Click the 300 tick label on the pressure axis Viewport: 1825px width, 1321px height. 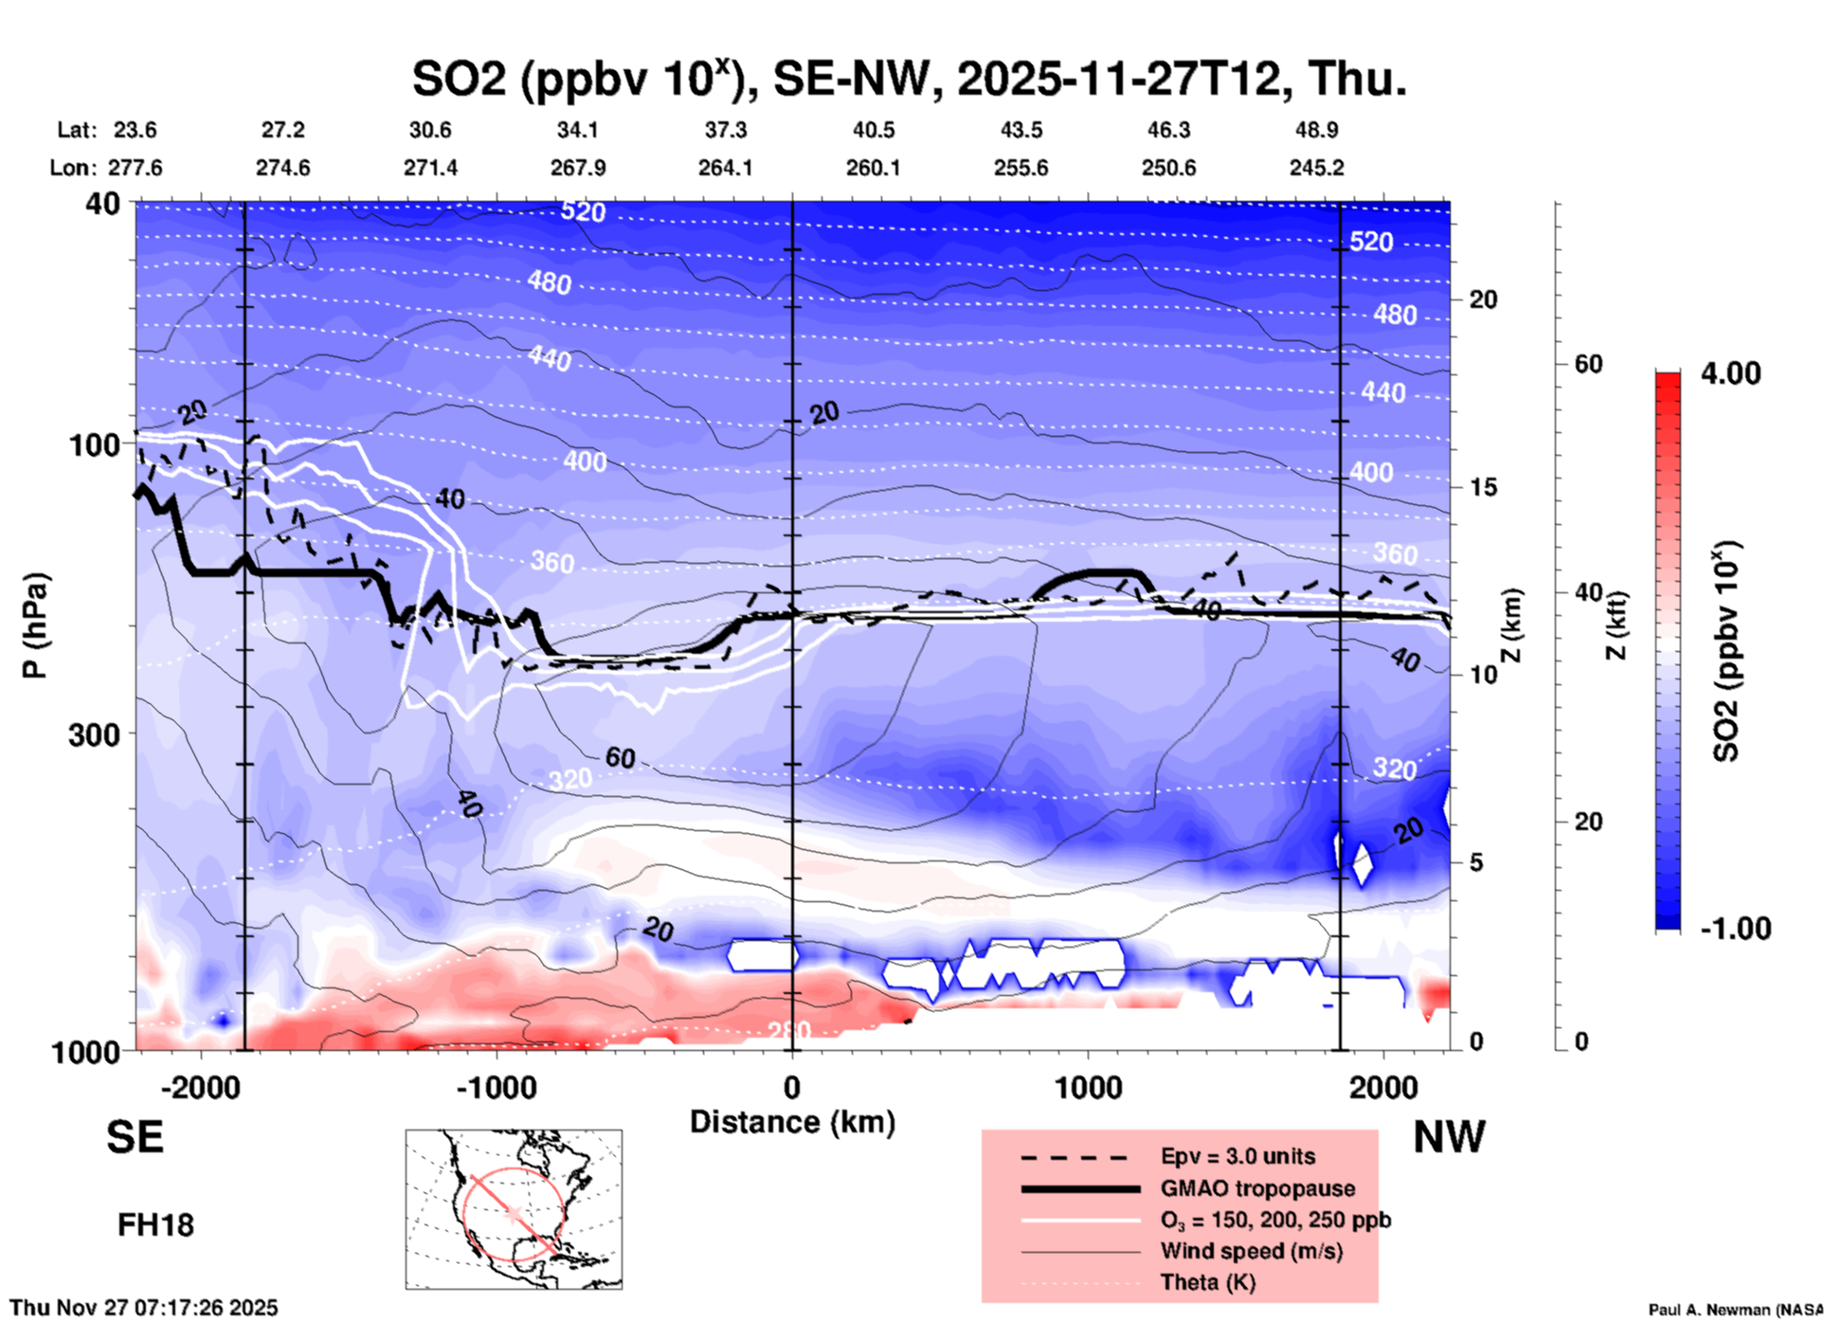tap(95, 734)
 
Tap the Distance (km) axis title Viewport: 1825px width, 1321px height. tap(792, 1122)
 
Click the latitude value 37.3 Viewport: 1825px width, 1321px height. tap(725, 130)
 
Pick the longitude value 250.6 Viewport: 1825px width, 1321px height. tap(1168, 168)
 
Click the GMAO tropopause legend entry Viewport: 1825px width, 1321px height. tap(1257, 1188)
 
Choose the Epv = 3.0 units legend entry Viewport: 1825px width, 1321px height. tap(1238, 1156)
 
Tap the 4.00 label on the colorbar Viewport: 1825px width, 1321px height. tap(1730, 373)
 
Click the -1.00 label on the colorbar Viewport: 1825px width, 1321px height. tap(1735, 928)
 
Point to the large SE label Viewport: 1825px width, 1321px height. tap(135, 1136)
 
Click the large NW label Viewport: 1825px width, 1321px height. tap(1449, 1136)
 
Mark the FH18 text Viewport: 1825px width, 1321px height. tap(155, 1225)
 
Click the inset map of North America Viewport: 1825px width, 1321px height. tap(514, 1209)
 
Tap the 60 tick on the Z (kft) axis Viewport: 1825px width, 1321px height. tap(1588, 364)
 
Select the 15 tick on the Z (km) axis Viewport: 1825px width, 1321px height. tap(1483, 487)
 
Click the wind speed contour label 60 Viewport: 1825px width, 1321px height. tap(620, 757)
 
